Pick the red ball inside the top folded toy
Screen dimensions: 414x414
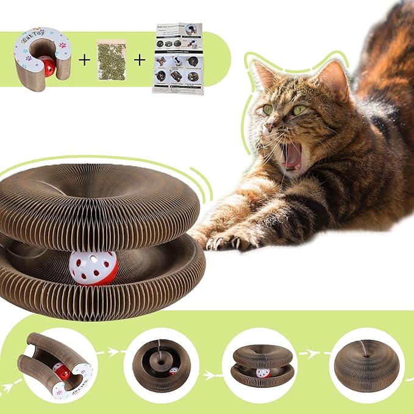pos(46,66)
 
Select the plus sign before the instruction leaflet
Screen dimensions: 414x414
pos(140,60)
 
